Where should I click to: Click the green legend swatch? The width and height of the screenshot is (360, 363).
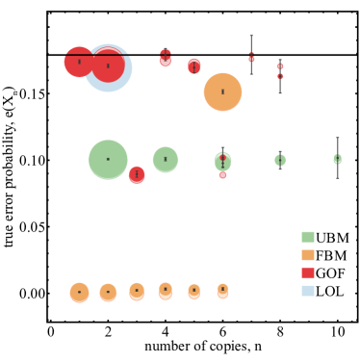(x=308, y=237)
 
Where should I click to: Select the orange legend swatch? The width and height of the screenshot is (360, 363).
(x=308, y=255)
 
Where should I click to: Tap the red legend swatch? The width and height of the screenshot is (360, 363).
(x=308, y=272)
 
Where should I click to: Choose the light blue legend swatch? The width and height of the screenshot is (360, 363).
(x=308, y=291)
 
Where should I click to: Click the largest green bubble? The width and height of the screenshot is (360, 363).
(x=108, y=160)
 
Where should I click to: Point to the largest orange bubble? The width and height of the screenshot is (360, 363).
(x=222, y=92)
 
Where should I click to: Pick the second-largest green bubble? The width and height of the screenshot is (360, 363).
(x=166, y=160)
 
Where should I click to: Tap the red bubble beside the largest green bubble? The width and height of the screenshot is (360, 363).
(x=137, y=174)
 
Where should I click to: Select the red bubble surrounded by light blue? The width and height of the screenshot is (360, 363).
(x=109, y=65)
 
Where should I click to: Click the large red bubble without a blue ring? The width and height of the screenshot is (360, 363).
(x=78, y=63)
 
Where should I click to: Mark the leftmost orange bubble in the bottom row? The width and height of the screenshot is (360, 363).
(x=79, y=293)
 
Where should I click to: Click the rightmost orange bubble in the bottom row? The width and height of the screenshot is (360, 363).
(x=222, y=290)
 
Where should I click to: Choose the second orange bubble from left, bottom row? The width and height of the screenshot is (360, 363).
(x=108, y=293)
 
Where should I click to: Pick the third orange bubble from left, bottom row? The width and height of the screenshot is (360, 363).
(x=137, y=291)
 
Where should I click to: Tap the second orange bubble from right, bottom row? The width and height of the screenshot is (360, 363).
(x=193, y=291)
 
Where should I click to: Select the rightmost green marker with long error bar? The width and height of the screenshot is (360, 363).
(x=337, y=159)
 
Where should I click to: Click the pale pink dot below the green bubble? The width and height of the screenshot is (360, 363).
(x=222, y=175)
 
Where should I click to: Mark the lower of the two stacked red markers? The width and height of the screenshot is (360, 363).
(x=280, y=76)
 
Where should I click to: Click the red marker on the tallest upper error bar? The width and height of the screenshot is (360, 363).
(x=251, y=59)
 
